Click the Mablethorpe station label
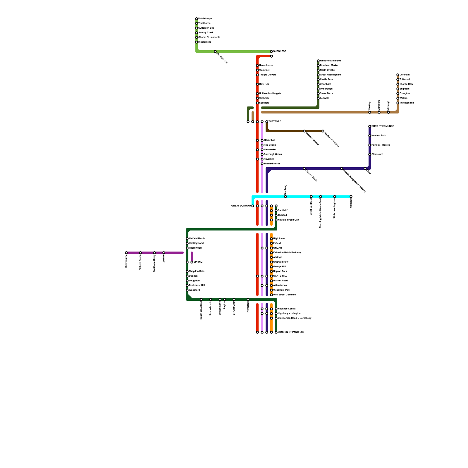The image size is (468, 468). click(x=205, y=19)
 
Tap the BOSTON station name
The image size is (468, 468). click(x=264, y=84)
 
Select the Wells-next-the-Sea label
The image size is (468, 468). click(x=331, y=61)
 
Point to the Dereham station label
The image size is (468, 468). click(x=405, y=75)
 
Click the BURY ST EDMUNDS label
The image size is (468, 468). click(x=383, y=126)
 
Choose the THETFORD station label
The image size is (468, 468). click(x=275, y=122)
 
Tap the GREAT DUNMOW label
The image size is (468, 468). click(x=241, y=206)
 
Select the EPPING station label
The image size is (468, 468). click(x=198, y=262)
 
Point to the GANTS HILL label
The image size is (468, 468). click(x=280, y=276)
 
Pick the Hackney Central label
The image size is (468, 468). click(x=287, y=309)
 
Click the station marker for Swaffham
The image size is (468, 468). click(x=318, y=84)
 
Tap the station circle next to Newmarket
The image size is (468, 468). click(x=262, y=150)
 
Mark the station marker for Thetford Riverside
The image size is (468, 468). click(x=323, y=131)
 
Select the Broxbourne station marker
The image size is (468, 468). click(x=126, y=253)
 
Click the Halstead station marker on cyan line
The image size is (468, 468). click(x=351, y=197)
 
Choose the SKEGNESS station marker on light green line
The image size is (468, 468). click(x=271, y=51)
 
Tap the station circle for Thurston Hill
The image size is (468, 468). click(x=398, y=103)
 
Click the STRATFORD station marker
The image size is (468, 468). click(x=234, y=300)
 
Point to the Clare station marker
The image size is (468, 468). click(x=365, y=168)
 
